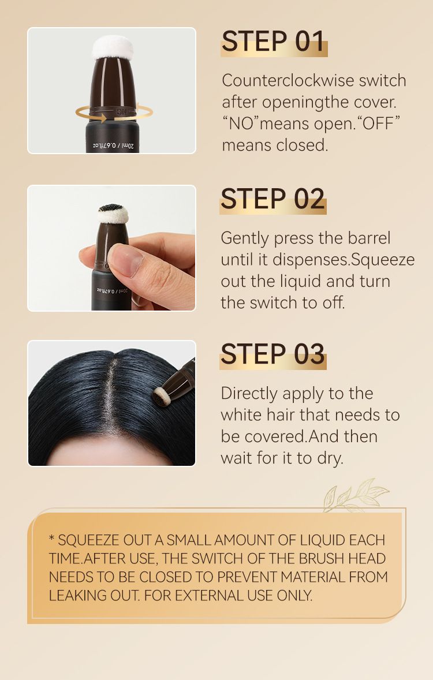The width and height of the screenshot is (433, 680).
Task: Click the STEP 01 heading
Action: point(273,42)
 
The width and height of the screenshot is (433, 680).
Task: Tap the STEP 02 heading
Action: point(273,200)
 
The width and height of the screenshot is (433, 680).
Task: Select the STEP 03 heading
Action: point(273,354)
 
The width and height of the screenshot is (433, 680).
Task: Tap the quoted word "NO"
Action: point(241,124)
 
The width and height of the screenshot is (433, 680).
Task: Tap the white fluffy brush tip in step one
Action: point(113,47)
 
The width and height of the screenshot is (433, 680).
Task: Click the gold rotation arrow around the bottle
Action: point(114,113)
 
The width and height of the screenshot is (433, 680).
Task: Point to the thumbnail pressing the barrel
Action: point(126,260)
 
